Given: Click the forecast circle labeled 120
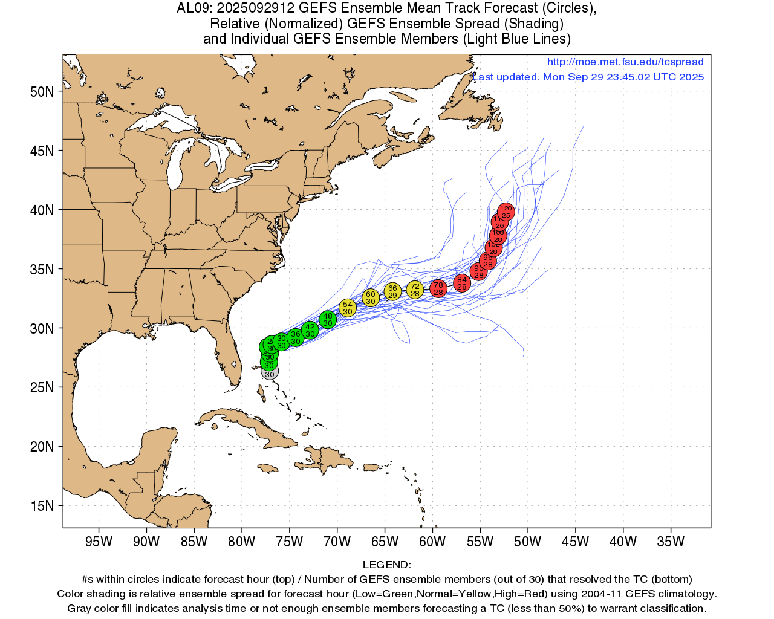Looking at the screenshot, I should pos(506,212).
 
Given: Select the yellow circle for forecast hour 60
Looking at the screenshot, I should pos(371,297).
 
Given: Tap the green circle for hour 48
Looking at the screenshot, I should pos(327,319).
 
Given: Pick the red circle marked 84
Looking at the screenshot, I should pos(462,283).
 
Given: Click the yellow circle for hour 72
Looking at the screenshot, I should pos(415,290).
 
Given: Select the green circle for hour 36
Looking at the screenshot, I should pos(295,337).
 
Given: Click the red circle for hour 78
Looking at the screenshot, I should pos(438,288).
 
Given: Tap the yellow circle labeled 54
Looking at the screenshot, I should pos(347,308).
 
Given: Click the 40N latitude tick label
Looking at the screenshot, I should pos(42,210).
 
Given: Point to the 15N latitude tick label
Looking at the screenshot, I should pos(42,505).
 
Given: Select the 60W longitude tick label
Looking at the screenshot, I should pos(432,542).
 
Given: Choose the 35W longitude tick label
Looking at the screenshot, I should pos(671,542).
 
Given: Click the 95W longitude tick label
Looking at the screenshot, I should pos(99,542).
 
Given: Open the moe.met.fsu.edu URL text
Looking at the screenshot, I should pos(625,62).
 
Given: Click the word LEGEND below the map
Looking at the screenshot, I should pos(386,565).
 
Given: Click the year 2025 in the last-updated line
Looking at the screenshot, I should pos(691,77).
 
